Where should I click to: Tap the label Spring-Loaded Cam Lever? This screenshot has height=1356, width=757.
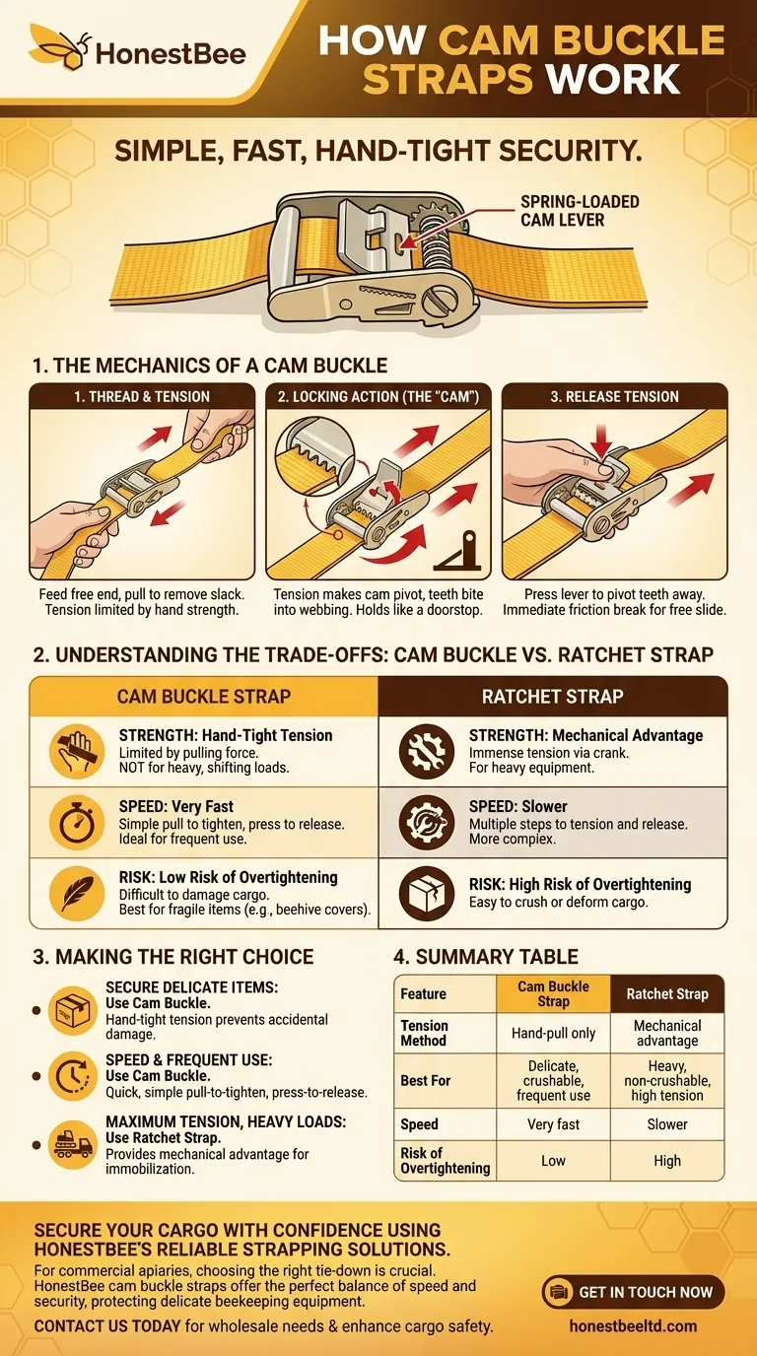pos(580,210)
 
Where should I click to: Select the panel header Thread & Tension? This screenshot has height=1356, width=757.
pos(143,396)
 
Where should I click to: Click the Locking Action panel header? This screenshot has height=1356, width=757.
pos(378,396)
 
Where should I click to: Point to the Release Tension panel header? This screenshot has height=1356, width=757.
pos(615,396)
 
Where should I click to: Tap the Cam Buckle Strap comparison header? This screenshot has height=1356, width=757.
pos(204,696)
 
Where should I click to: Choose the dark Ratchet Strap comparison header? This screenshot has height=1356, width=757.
pos(552,696)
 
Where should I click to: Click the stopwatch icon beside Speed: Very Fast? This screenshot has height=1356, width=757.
pos(75,822)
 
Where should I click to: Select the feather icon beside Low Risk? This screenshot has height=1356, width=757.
pos(75,893)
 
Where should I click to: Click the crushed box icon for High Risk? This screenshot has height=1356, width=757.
pos(426,893)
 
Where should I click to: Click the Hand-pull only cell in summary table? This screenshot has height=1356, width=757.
pos(553,1033)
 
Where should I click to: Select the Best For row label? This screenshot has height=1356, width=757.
pos(426,1080)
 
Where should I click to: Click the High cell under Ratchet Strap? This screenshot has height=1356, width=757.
pos(667,1160)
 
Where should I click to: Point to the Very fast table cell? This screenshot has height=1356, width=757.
pos(553,1123)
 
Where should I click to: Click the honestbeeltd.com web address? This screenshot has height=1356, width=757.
pos(634,1326)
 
